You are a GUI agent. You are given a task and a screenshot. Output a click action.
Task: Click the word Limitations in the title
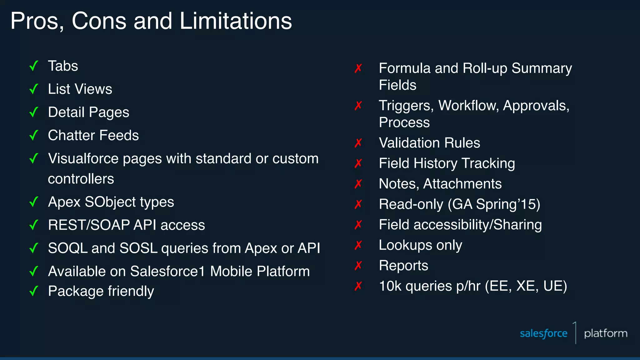pyautogui.click(x=236, y=21)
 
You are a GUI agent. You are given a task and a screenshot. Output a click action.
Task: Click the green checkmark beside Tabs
pyautogui.click(x=34, y=66)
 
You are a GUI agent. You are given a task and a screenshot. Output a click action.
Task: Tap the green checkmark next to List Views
pyautogui.click(x=34, y=89)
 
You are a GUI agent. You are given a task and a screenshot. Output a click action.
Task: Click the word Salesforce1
pyautogui.click(x=167, y=271)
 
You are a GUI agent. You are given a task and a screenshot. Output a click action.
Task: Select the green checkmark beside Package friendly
pyautogui.click(x=34, y=291)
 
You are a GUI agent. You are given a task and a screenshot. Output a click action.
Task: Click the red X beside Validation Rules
pyautogui.click(x=358, y=143)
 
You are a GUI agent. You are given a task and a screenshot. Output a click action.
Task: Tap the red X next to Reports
pyautogui.click(x=358, y=266)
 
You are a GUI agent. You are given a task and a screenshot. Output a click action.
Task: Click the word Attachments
pyautogui.click(x=462, y=184)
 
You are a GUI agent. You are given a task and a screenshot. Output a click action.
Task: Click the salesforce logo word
pyautogui.click(x=543, y=333)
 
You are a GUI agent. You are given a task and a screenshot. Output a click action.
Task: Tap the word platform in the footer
pyautogui.click(x=606, y=333)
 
